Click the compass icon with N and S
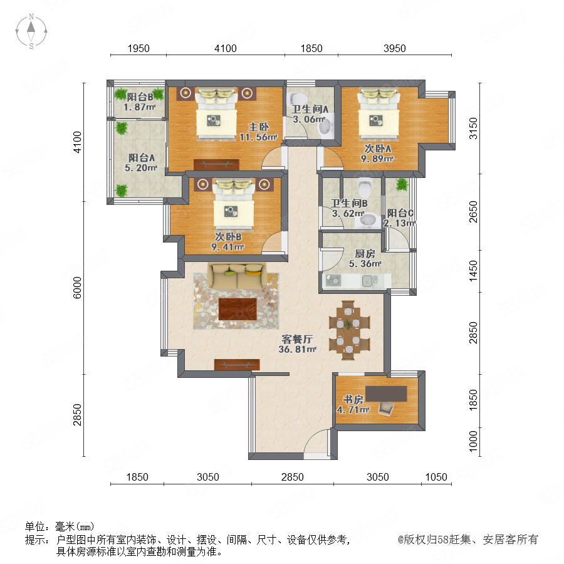[x=31, y=31]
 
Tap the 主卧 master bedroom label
[x=259, y=127]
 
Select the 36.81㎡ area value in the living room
[x=298, y=349]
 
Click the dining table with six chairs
[x=348, y=330]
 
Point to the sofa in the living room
[x=236, y=276]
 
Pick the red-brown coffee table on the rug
[x=238, y=308]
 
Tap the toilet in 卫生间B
[x=365, y=185]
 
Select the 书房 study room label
[x=353, y=399]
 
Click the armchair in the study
[x=386, y=409]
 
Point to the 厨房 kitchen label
[x=365, y=253]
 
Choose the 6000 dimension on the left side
[x=77, y=288]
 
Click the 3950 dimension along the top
[x=395, y=48]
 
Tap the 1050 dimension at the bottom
[x=436, y=477]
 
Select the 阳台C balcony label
[x=400, y=213]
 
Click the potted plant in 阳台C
[x=402, y=184]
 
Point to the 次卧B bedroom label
[x=228, y=237]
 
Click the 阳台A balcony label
[x=142, y=157]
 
